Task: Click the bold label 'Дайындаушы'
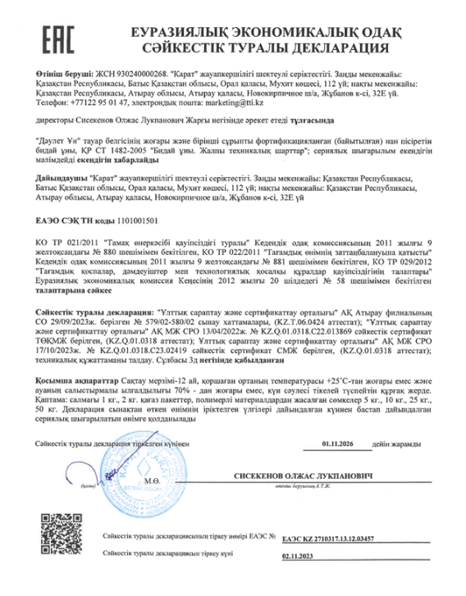(62, 176)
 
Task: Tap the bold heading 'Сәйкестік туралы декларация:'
(95, 314)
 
